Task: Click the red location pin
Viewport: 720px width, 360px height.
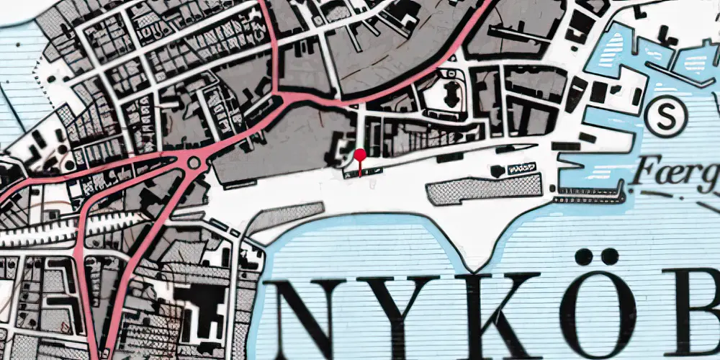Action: click(360, 155)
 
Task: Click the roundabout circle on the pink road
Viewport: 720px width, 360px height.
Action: click(194, 164)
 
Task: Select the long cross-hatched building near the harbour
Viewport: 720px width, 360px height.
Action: click(484, 189)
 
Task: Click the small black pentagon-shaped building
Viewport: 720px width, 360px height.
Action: click(498, 171)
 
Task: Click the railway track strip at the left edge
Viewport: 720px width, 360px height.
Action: click(36, 234)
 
